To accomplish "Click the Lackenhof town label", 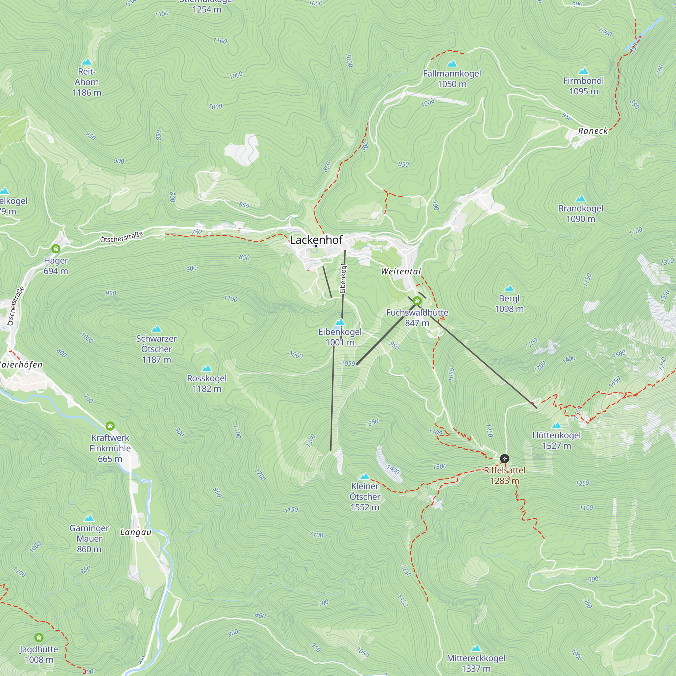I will click(x=316, y=240).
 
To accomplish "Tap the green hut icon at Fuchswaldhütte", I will click(x=417, y=301).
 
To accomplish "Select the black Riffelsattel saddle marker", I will click(x=504, y=458).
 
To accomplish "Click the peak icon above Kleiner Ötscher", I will click(x=365, y=476).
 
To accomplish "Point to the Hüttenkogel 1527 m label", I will click(x=556, y=440).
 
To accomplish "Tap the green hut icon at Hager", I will click(x=56, y=249).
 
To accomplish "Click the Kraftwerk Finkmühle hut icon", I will click(x=110, y=426).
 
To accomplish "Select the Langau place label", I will click(x=136, y=532).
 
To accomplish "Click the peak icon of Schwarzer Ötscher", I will click(x=156, y=329).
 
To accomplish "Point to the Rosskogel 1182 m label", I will click(x=207, y=383).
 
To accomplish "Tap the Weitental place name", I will click(x=401, y=271).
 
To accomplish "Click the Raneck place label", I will click(x=593, y=131).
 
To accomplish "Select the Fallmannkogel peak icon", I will click(x=452, y=64).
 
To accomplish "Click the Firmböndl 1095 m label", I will click(x=583, y=86).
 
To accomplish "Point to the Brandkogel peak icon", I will click(x=580, y=199).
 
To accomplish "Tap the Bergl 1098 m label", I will click(x=509, y=304).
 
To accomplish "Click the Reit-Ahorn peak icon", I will click(x=87, y=62).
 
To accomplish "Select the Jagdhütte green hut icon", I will click(x=39, y=637).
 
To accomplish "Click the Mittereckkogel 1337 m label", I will click(x=476, y=663).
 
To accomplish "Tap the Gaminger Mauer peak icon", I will click(x=89, y=518).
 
